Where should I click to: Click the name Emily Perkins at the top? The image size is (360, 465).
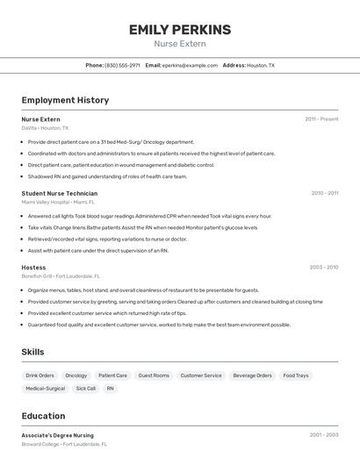[180, 30]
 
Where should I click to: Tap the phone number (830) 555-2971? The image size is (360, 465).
[122, 65]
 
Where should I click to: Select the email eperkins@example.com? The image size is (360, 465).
[190, 65]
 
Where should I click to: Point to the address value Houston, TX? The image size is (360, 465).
[261, 65]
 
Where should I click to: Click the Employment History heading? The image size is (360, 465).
[65, 100]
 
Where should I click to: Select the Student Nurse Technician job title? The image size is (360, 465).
[60, 193]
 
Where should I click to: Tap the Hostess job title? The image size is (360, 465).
[33, 267]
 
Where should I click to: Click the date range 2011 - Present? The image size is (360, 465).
[321, 119]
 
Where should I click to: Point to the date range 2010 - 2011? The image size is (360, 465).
[324, 193]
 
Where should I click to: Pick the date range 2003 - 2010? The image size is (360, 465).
[323, 267]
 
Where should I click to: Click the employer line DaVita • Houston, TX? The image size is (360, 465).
[45, 128]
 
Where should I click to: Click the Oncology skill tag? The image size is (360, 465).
[76, 376]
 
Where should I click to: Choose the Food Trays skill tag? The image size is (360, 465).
[296, 376]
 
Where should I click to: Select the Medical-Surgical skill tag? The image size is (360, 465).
[45, 388]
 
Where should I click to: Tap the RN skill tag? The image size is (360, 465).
[111, 388]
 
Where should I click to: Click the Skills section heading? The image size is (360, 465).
[32, 352]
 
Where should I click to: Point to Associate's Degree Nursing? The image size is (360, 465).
[57, 435]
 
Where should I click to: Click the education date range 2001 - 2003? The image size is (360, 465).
[323, 435]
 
